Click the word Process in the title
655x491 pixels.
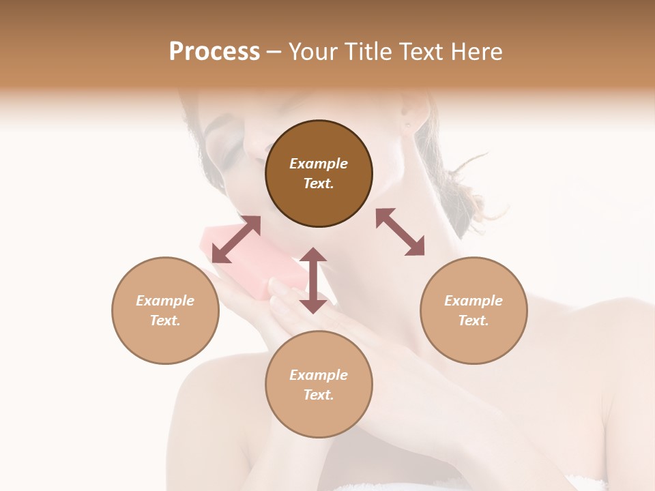pyautogui.click(x=214, y=51)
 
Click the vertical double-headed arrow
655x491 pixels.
pyautogui.click(x=313, y=280)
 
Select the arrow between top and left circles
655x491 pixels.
pyautogui.click(x=236, y=239)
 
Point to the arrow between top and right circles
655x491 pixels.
pyautogui.click(x=400, y=232)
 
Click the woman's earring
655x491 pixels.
pyautogui.click(x=407, y=125)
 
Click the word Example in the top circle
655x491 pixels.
pyautogui.click(x=319, y=164)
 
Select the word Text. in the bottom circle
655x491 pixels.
pyautogui.click(x=319, y=395)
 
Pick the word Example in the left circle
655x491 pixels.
pyautogui.click(x=165, y=301)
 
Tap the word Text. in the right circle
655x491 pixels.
pyautogui.click(x=474, y=321)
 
